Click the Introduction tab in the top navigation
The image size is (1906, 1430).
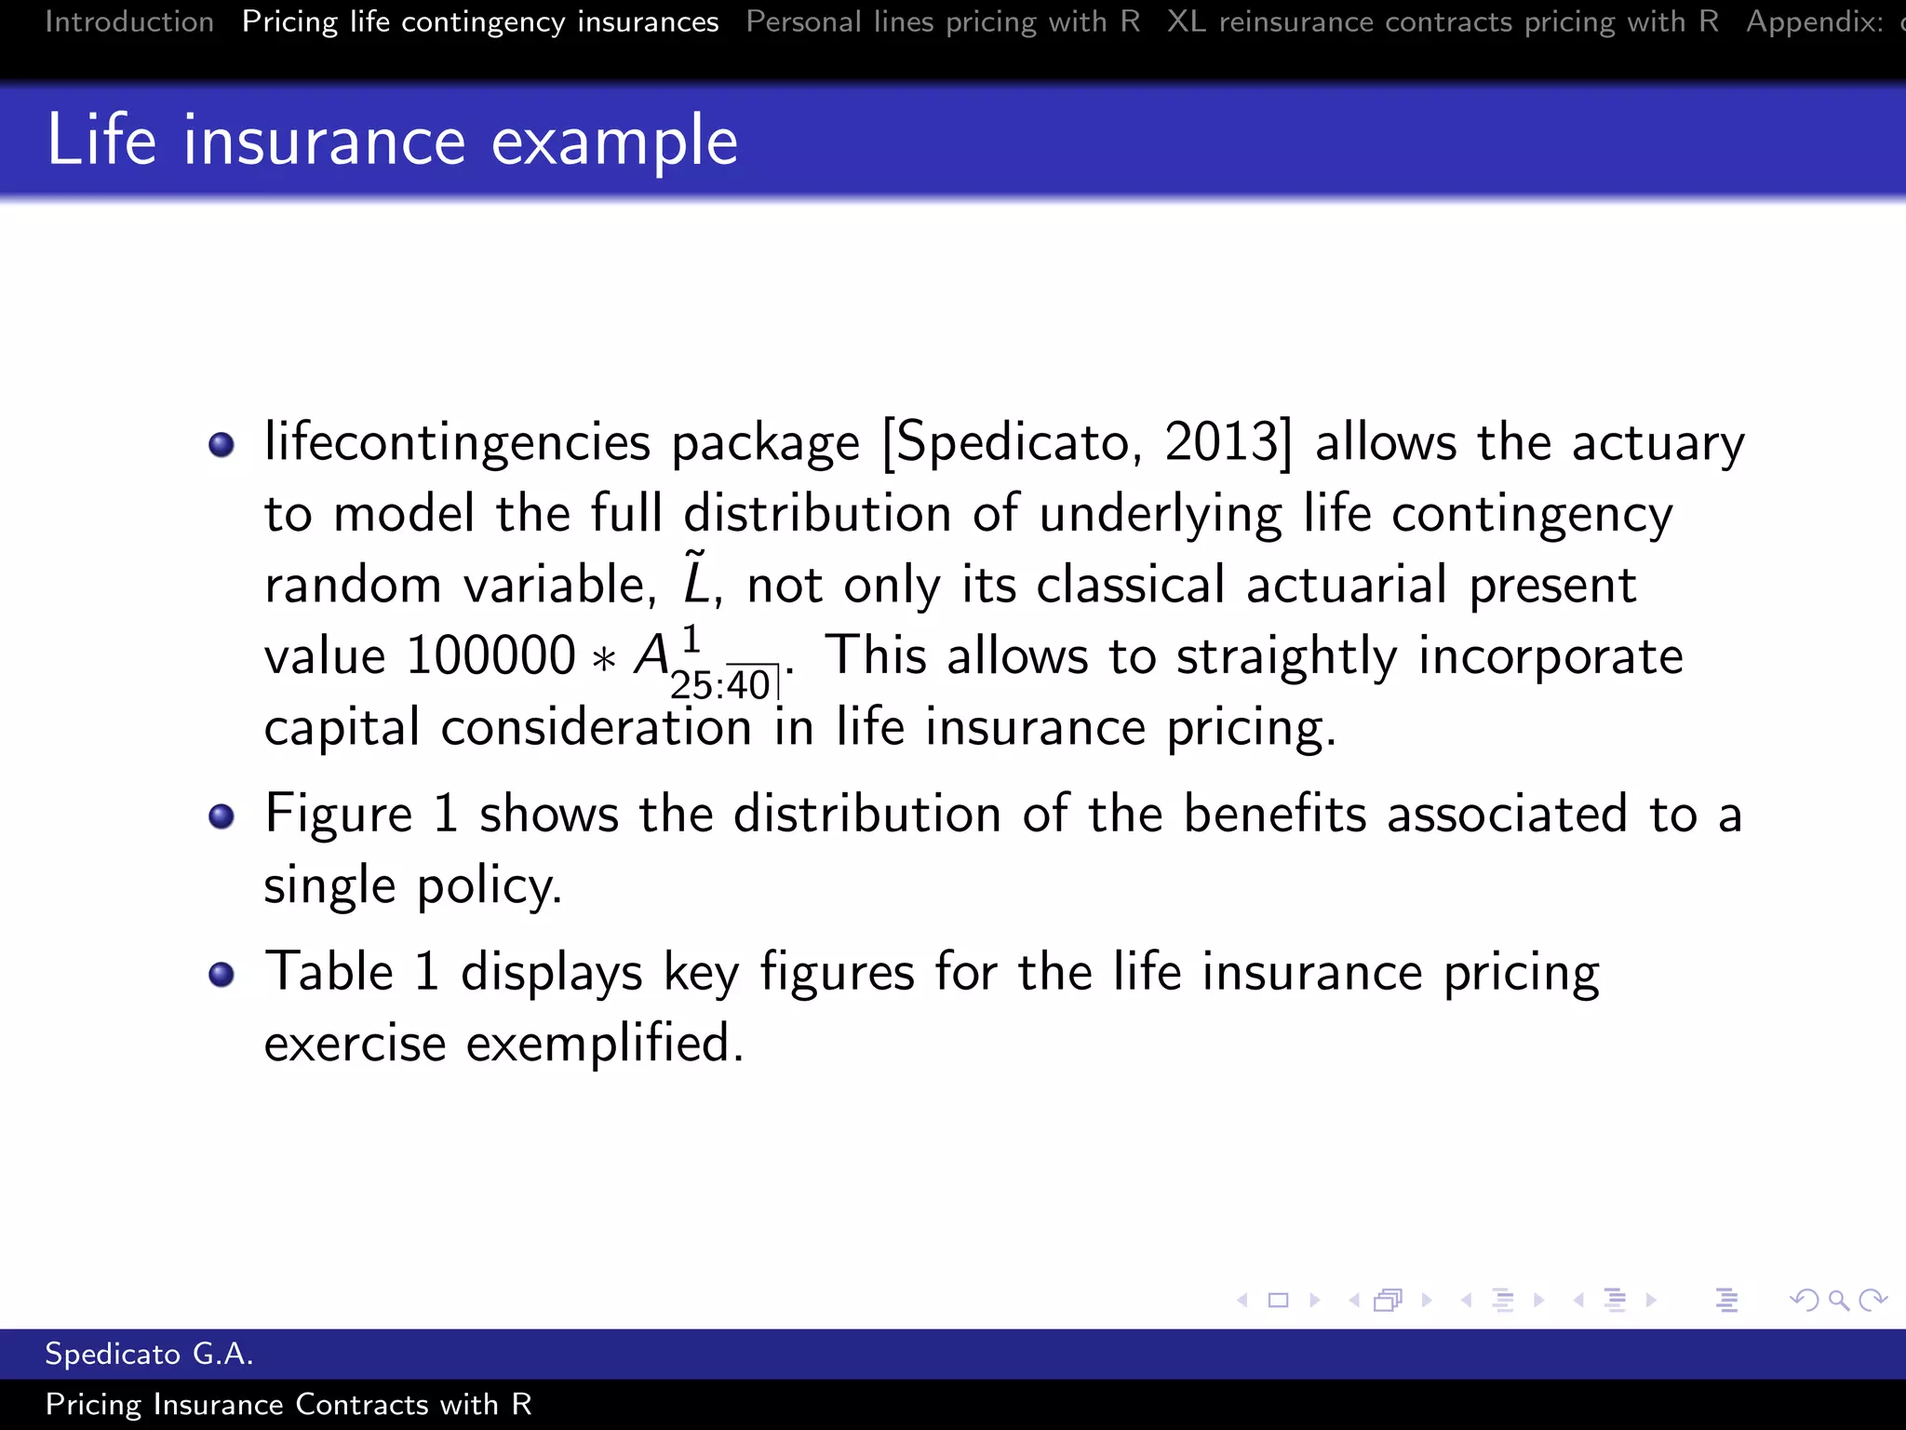click(x=129, y=21)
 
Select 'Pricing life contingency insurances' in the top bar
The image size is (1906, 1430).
click(x=480, y=21)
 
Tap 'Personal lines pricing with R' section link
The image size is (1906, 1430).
click(x=943, y=21)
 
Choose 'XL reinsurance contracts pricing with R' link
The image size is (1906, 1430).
click(x=1443, y=21)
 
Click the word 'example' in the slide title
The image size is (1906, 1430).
click(x=614, y=141)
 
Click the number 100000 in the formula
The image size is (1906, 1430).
click(x=490, y=655)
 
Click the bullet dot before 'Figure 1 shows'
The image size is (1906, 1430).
click(x=221, y=816)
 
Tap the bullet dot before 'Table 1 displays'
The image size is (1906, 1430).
click(x=221, y=975)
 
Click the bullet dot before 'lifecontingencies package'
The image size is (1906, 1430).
click(x=221, y=444)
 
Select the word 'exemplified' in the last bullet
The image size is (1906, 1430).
click(x=604, y=1042)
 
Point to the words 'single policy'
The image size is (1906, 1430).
click(x=412, y=885)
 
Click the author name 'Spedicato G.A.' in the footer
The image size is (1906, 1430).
click(x=149, y=1354)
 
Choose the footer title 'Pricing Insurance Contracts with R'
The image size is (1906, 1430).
click(x=289, y=1404)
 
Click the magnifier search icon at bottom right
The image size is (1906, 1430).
click(x=1838, y=1301)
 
